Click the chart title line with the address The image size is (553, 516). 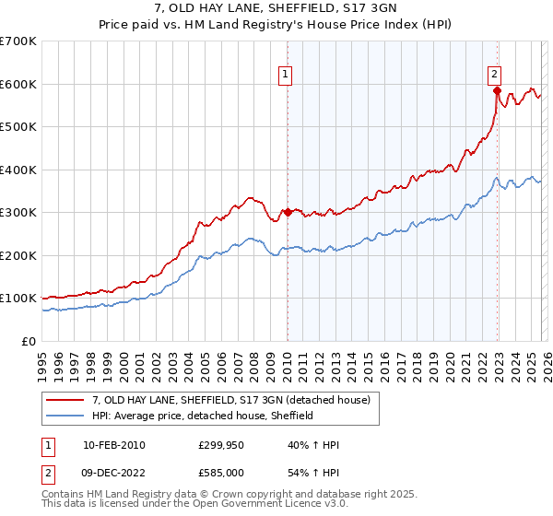tap(276, 8)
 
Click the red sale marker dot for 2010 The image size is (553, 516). tap(288, 212)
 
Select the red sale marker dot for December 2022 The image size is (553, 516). tap(497, 90)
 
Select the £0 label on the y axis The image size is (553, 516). tap(29, 341)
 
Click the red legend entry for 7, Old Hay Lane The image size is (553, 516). tap(230, 400)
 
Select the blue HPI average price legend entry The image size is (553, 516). tap(203, 416)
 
